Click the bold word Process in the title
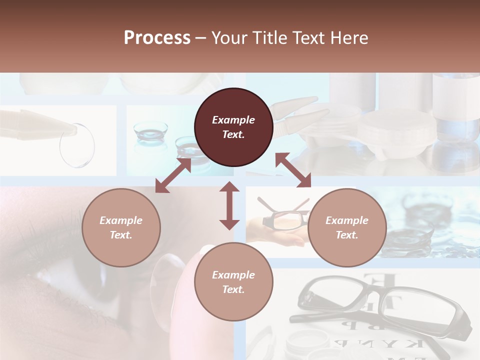pos(157,38)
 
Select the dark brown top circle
pos(233,127)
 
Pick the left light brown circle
pos(121,227)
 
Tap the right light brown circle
pos(347,227)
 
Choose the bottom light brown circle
pos(233,281)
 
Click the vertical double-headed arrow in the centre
pos(229,205)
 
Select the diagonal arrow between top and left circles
pos(173,175)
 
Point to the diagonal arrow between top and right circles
pos(293,170)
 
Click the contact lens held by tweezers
pos(77,145)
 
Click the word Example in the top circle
pos(233,120)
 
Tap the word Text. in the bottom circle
pos(233,289)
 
